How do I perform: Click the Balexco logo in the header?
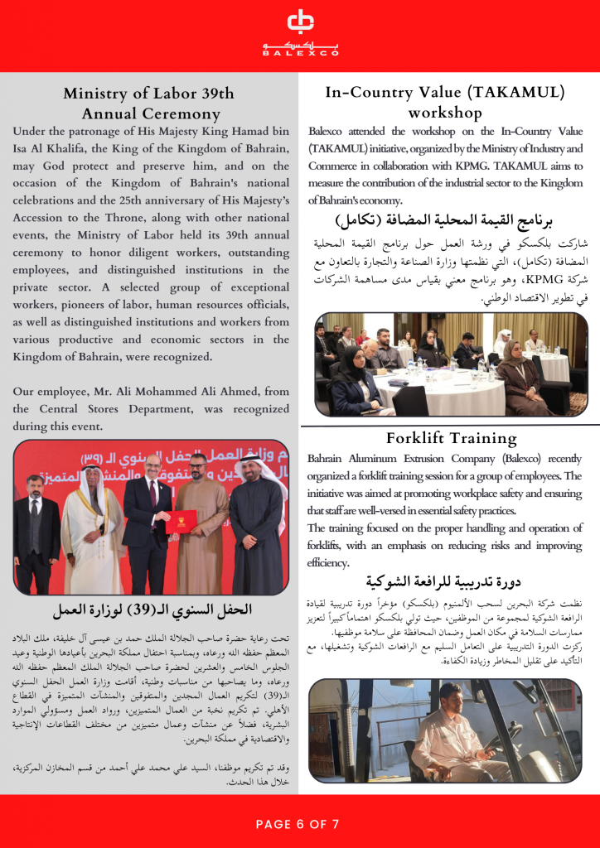(x=300, y=32)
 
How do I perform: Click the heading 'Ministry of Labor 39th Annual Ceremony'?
(x=149, y=104)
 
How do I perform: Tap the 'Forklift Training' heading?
(x=451, y=437)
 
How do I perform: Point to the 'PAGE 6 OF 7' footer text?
(x=298, y=824)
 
